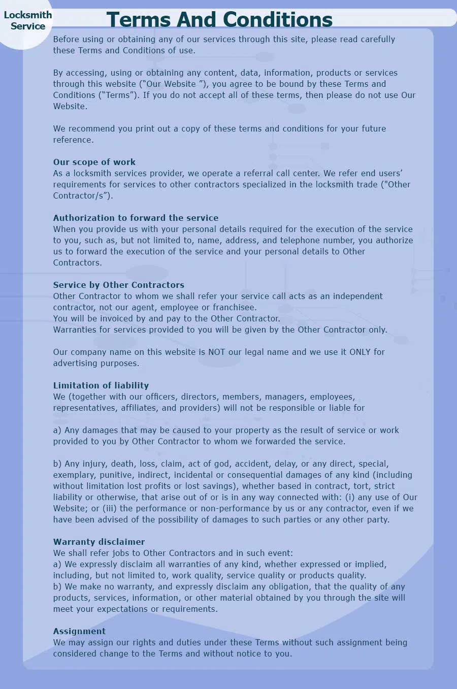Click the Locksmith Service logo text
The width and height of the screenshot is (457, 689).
click(28, 20)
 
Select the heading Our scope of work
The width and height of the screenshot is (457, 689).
click(94, 162)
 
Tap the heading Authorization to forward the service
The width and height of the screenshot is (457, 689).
click(136, 218)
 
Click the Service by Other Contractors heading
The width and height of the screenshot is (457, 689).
click(119, 285)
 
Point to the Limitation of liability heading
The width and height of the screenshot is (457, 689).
click(101, 385)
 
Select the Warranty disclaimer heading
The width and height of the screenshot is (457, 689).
click(99, 542)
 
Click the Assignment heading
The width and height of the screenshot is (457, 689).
click(79, 631)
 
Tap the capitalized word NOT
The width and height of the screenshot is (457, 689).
click(217, 352)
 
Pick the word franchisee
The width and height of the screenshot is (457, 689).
click(235, 307)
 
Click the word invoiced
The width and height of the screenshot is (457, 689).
click(116, 318)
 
